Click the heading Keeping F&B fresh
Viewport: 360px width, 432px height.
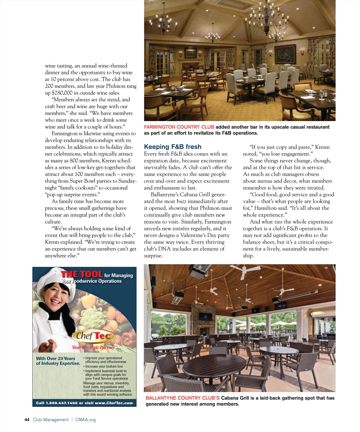tap(172, 147)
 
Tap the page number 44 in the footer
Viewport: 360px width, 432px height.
tap(27, 420)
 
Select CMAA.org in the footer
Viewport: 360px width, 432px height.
tap(85, 420)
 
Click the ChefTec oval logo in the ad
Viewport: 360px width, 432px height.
tap(93, 336)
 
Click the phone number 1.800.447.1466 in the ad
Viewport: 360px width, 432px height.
tap(61, 403)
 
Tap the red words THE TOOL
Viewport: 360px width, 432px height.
tap(82, 274)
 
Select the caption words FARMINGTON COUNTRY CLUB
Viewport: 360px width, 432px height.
tap(179, 127)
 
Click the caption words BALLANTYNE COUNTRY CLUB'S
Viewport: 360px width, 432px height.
tap(182, 398)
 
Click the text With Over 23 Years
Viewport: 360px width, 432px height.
tap(55, 359)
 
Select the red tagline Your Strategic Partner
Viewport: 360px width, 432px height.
tap(93, 347)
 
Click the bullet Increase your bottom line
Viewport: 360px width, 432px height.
tap(104, 366)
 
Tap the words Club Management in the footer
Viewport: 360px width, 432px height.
tap(51, 420)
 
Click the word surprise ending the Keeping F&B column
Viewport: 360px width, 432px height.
tap(153, 256)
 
